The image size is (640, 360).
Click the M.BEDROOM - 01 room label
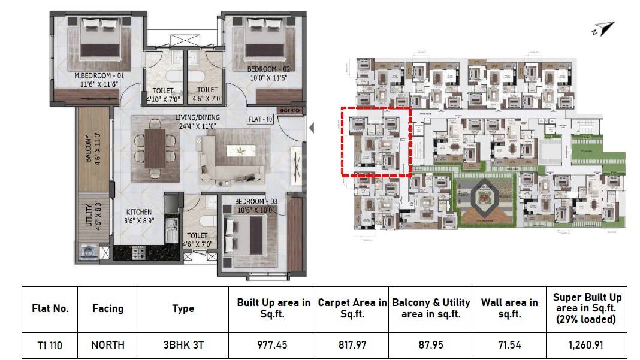click(99, 76)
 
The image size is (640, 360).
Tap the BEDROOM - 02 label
click(270, 69)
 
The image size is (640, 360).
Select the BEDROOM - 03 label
click(255, 201)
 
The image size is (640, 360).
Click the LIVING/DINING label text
click(197, 117)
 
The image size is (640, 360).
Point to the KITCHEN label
click(138, 212)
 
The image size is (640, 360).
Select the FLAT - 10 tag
click(260, 119)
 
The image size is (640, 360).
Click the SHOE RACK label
click(293, 110)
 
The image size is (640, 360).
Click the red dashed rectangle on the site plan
click(375, 141)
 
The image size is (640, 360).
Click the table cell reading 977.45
click(273, 345)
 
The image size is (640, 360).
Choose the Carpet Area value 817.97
click(352, 345)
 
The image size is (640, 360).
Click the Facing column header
click(108, 308)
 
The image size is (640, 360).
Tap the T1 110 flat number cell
click(50, 345)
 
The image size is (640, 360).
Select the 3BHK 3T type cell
click(183, 345)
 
